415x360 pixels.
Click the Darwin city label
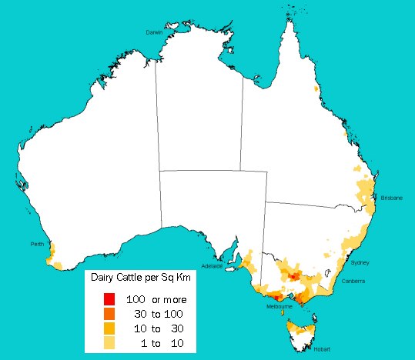(156, 32)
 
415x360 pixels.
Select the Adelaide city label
(212, 266)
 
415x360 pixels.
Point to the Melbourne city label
(279, 307)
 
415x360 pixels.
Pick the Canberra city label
(355, 282)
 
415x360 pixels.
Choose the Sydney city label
(360, 262)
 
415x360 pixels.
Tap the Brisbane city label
(391, 198)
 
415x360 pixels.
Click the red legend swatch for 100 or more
(109, 299)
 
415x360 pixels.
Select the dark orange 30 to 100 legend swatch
(109, 314)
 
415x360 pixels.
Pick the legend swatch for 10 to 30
(109, 328)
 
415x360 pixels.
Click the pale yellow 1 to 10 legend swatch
(109, 343)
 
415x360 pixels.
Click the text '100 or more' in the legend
(156, 299)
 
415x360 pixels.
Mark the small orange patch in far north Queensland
(316, 89)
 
